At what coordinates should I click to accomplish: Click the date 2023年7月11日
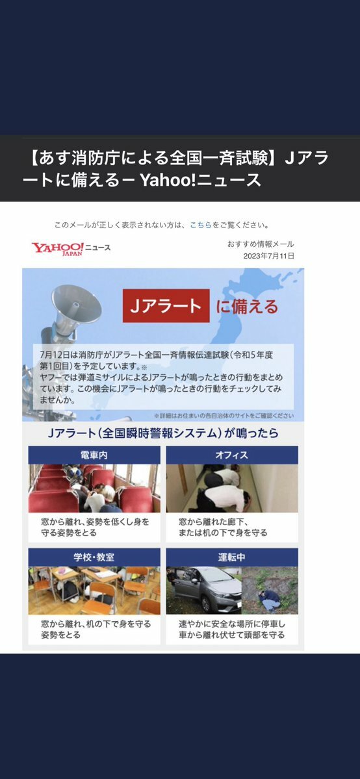tap(268, 257)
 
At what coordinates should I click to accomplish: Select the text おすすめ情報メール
tap(261, 244)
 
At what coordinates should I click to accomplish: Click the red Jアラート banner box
tap(166, 306)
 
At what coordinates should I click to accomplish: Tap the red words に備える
tap(247, 307)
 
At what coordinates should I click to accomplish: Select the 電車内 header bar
tap(94, 455)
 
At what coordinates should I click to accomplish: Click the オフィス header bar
tap(232, 455)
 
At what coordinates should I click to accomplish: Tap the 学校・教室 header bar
tap(94, 557)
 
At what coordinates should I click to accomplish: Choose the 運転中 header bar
tap(232, 557)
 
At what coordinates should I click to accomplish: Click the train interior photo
tap(94, 489)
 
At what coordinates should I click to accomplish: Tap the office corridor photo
tap(232, 489)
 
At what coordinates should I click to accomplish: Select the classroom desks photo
tap(94, 591)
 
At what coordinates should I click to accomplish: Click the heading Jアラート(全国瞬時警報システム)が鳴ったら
tap(162, 433)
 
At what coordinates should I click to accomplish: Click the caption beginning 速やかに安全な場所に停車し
tap(232, 624)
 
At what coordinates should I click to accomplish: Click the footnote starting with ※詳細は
tap(224, 416)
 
